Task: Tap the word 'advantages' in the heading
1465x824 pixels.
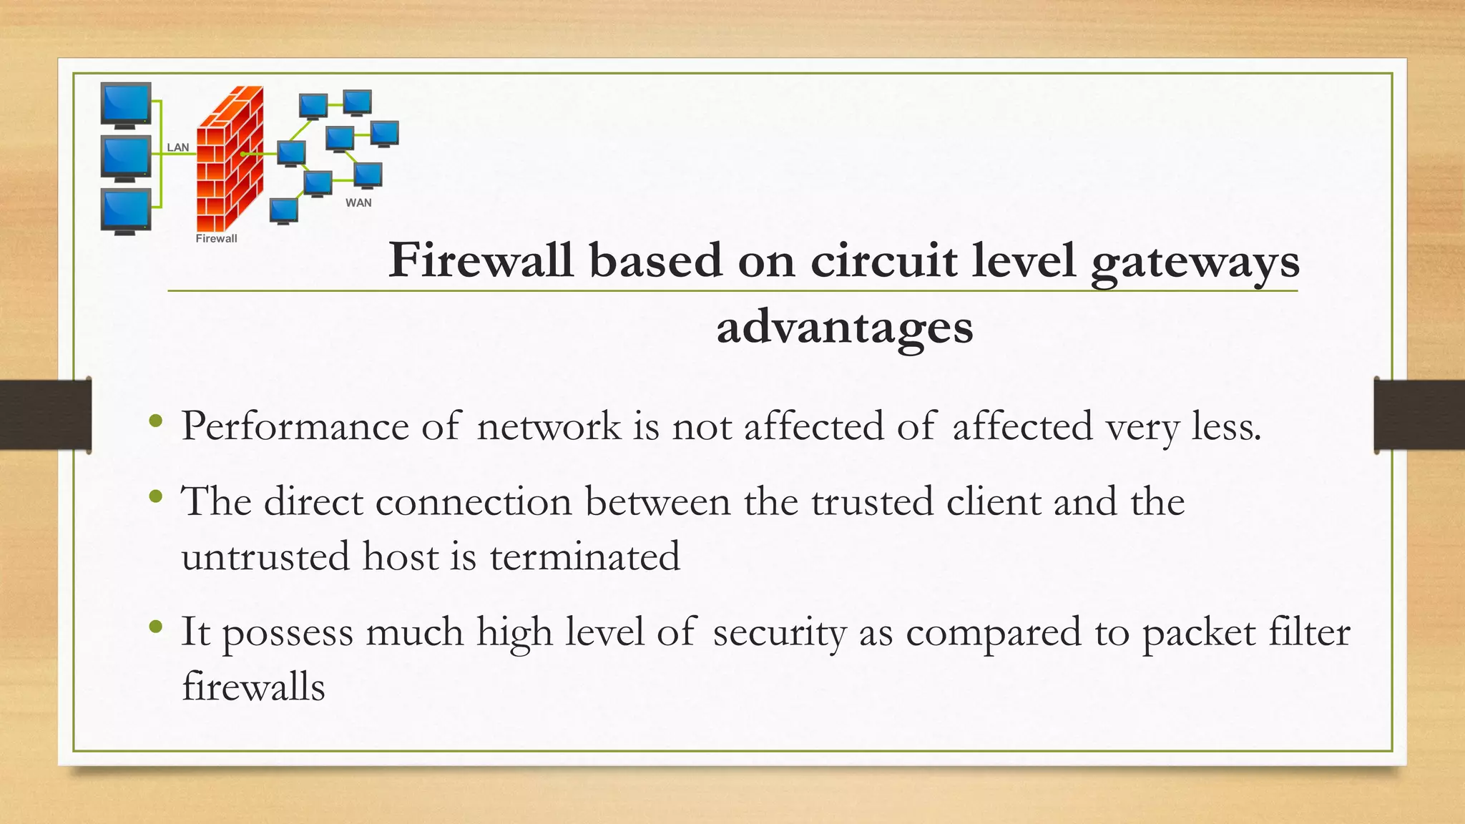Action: pyautogui.click(x=845, y=327)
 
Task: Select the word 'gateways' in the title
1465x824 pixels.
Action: pyautogui.click(x=1195, y=261)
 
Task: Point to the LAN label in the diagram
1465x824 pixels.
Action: pyautogui.click(x=178, y=147)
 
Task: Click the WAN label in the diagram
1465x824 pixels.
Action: pyautogui.click(x=358, y=202)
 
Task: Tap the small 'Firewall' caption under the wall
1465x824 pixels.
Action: pyautogui.click(x=216, y=238)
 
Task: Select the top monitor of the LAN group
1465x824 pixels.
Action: pyautogui.click(x=126, y=104)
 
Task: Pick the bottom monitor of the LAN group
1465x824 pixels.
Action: pyautogui.click(x=126, y=211)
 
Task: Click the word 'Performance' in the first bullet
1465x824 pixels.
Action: pyautogui.click(x=295, y=427)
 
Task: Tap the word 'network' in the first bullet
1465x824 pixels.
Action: pyautogui.click(x=549, y=426)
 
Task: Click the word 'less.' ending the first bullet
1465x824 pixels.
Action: pyautogui.click(x=1226, y=426)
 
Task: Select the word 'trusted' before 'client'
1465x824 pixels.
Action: pyautogui.click(x=872, y=501)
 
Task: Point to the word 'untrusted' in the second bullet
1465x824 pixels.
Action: pyautogui.click(x=265, y=556)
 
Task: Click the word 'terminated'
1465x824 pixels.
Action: pyautogui.click(x=584, y=556)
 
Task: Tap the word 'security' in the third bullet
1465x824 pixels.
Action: pyautogui.click(x=779, y=633)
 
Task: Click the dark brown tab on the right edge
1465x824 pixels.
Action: pyautogui.click(x=1419, y=416)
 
